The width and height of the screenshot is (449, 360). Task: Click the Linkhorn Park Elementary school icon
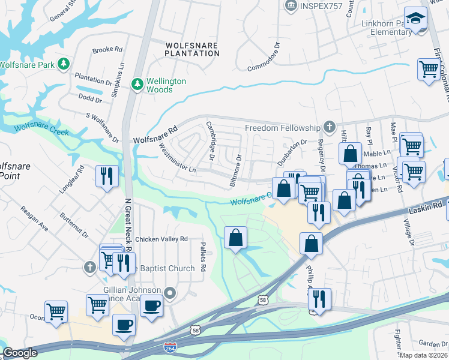tap(415, 19)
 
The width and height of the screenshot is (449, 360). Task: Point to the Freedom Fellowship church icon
tap(328, 127)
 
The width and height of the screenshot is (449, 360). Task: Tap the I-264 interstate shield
tap(170, 347)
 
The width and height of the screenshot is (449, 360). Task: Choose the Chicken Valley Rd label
tap(161, 239)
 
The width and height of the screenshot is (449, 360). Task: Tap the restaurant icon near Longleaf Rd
tap(107, 176)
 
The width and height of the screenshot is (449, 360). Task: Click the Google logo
tap(20, 353)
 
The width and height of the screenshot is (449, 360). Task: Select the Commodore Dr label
tap(264, 53)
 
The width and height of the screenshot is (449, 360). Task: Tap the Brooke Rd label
tap(107, 50)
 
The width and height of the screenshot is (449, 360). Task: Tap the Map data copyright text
tap(423, 355)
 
